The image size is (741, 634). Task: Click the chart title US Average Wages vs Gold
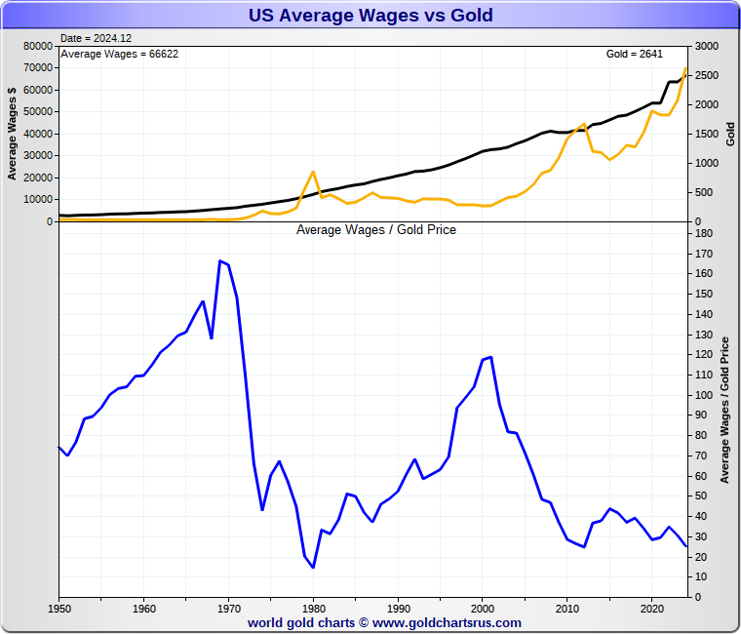pyautogui.click(x=370, y=15)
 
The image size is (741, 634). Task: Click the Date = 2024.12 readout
pyautogui.click(x=96, y=38)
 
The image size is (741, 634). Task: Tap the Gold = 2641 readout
pyautogui.click(x=635, y=54)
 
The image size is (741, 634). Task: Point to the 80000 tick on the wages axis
pyautogui.click(x=36, y=46)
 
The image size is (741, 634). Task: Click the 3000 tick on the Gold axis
pyautogui.click(x=706, y=46)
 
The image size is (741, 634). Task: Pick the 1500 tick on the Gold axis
pyautogui.click(x=706, y=134)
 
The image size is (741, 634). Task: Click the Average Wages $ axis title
pyautogui.click(x=13, y=134)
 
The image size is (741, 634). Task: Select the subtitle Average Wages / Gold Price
pyautogui.click(x=376, y=230)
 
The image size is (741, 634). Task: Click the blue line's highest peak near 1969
pyautogui.click(x=220, y=260)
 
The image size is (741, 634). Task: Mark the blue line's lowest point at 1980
pyautogui.click(x=313, y=567)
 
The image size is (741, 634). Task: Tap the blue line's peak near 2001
pyautogui.click(x=490, y=357)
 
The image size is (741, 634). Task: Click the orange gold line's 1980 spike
pyautogui.click(x=313, y=172)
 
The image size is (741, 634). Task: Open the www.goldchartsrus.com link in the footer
pyautogui.click(x=447, y=622)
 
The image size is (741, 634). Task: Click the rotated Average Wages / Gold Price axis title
pyautogui.click(x=724, y=410)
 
